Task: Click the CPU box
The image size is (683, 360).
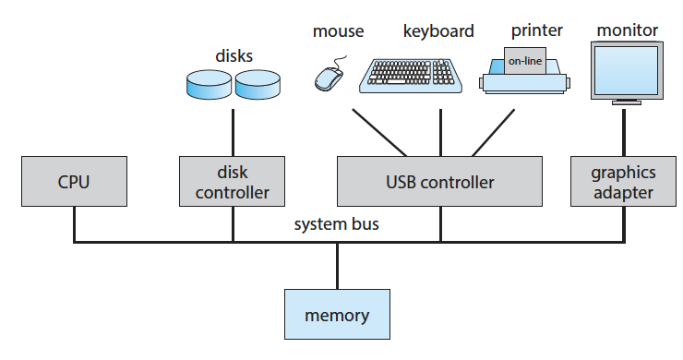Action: coord(74,181)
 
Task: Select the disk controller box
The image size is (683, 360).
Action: coord(233,181)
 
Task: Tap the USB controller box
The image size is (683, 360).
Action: coord(440,181)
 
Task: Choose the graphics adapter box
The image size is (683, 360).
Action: coord(623,181)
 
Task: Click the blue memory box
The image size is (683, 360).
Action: coord(337,314)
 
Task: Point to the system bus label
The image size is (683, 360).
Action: coord(336,224)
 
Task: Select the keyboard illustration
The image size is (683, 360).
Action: coord(411,76)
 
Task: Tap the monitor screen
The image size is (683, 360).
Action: coord(627,70)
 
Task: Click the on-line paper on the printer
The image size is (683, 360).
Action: coord(525,61)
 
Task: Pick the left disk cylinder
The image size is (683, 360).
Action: coord(210,84)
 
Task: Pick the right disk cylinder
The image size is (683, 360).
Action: coord(258,84)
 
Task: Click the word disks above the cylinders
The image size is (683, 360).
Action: coord(234,55)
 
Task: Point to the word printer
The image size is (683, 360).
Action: coord(536,30)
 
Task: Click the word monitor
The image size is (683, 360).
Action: coord(628,30)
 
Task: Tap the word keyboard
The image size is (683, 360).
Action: coord(438,31)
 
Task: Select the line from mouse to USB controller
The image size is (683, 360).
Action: coord(379,133)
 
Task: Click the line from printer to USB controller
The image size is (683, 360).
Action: coord(494,133)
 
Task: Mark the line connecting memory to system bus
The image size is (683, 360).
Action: coord(337,266)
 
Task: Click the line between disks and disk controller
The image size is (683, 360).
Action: coord(233,133)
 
